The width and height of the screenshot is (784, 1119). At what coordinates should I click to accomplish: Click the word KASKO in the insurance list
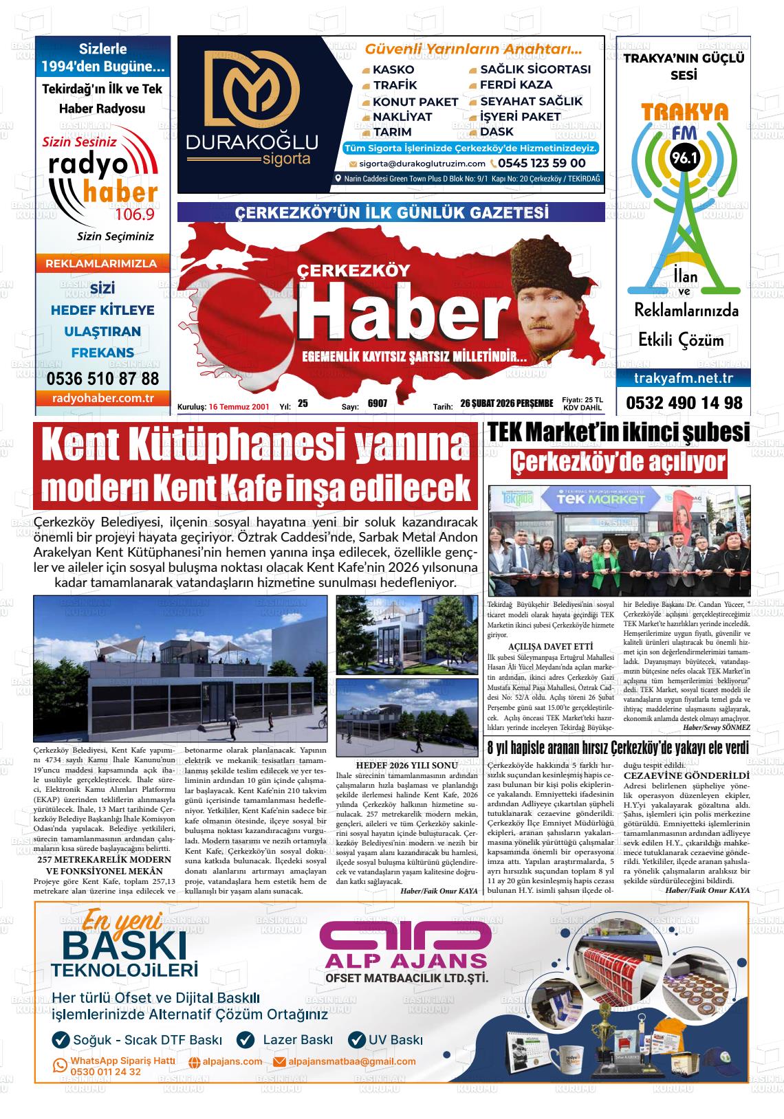click(x=393, y=69)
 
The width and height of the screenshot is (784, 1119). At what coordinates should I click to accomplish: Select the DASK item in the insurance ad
click(x=497, y=132)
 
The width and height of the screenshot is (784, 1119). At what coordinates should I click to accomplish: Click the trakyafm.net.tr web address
click(x=683, y=378)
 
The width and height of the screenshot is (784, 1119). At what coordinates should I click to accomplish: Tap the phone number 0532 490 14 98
click(x=684, y=403)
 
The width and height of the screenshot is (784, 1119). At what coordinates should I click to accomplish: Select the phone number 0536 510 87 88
click(x=102, y=379)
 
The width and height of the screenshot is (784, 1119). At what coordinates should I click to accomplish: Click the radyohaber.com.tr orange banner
click(x=102, y=399)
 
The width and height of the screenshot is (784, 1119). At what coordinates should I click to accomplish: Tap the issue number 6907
click(x=378, y=404)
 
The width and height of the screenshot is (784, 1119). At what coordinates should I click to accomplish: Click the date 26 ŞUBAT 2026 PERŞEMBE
click(x=507, y=403)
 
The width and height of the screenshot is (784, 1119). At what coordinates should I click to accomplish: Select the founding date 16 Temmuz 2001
click(x=239, y=407)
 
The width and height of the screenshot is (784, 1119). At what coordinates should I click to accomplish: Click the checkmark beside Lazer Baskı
click(x=246, y=1040)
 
